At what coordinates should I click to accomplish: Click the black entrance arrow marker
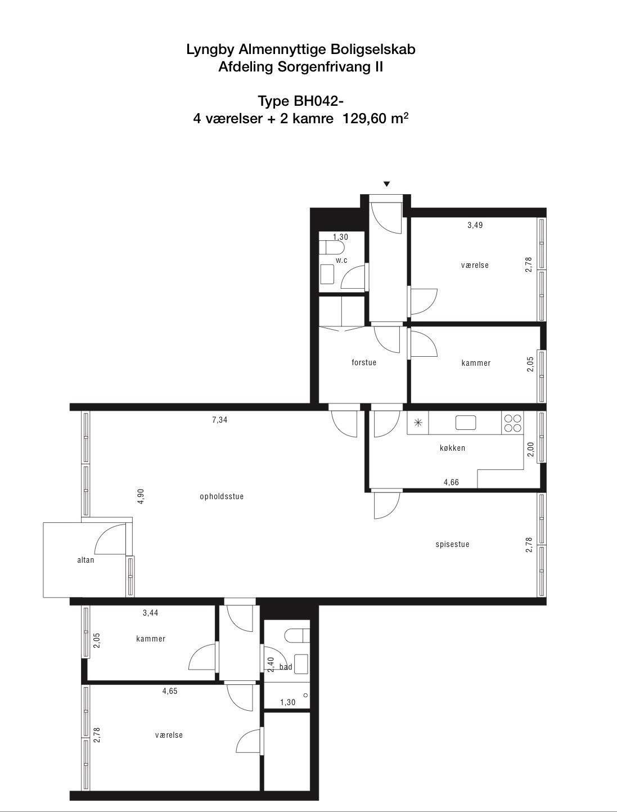coord(387,184)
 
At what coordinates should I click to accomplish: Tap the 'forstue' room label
coord(364,362)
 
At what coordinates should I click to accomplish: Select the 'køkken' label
coord(453,448)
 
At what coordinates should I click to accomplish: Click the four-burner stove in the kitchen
coord(513,423)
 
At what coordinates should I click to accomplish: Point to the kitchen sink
coord(466,423)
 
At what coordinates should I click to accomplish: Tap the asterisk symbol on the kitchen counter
coord(418,423)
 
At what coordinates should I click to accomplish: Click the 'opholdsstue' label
coord(222,497)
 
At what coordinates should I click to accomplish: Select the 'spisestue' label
coord(453,545)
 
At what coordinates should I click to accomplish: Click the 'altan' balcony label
coord(85,560)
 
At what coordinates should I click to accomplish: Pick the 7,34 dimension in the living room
coord(219,420)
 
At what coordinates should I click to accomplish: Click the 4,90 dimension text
coord(141,496)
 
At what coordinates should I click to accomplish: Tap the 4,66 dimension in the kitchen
coord(451,482)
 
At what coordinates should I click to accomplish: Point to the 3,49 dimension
coord(475,225)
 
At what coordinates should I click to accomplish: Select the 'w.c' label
coord(341,261)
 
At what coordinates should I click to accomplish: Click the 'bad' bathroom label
coord(286,667)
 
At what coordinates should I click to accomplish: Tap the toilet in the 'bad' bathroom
coord(297,635)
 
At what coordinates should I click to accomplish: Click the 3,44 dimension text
coord(151,613)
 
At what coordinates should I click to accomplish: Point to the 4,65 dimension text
coord(170,691)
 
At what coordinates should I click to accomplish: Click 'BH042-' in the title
coord(319,101)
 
